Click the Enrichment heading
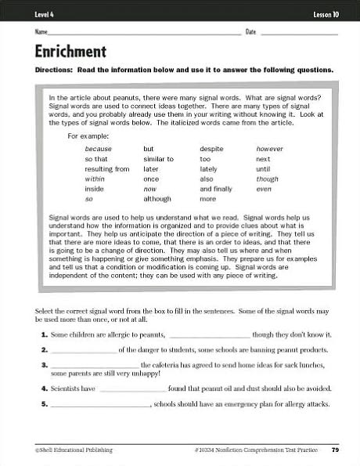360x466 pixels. coord(70,52)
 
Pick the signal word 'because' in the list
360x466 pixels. coord(99,149)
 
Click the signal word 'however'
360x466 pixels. coord(269,149)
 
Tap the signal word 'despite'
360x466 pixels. coord(211,149)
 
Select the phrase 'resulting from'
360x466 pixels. coord(107,169)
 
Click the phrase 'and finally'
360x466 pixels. coord(216,190)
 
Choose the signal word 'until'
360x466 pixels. coord(263,169)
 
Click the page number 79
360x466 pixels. coord(335,450)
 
